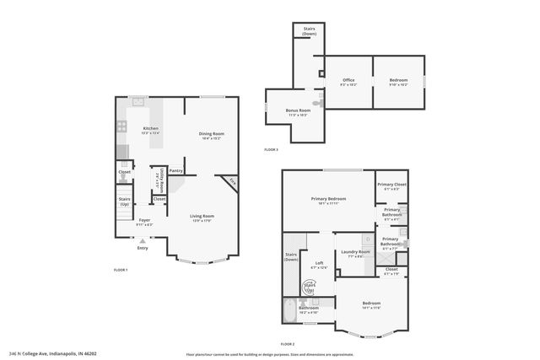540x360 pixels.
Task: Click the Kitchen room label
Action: click(150, 131)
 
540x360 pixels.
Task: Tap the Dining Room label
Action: click(211, 136)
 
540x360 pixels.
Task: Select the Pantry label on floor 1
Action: click(176, 171)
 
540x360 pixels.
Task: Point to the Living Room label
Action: click(202, 218)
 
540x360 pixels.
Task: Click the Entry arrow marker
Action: click(142, 240)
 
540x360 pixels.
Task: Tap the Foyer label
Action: click(145, 222)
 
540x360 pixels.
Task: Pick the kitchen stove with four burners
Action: click(121, 129)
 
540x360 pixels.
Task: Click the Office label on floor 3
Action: click(348, 82)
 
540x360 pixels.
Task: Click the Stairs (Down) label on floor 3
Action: click(309, 30)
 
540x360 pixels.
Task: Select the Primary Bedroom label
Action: click(324, 201)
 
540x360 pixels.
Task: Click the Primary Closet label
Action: click(391, 186)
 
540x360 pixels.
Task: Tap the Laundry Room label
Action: click(354, 253)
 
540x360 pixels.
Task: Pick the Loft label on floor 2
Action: click(319, 265)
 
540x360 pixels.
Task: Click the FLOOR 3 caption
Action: click(271, 149)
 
